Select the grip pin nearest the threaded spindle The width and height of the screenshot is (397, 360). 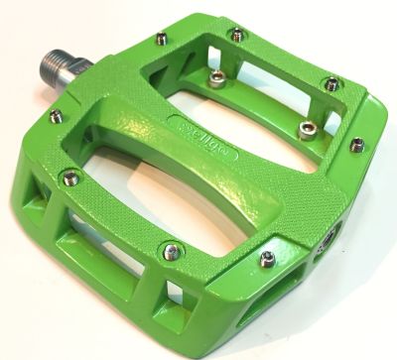pos(56,116)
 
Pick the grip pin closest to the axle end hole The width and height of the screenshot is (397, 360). pos(267,260)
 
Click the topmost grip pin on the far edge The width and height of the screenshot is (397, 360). pos(237,35)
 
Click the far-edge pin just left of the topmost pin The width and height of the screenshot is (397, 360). pos(161,40)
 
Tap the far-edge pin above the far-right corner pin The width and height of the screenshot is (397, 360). pos(331,84)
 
